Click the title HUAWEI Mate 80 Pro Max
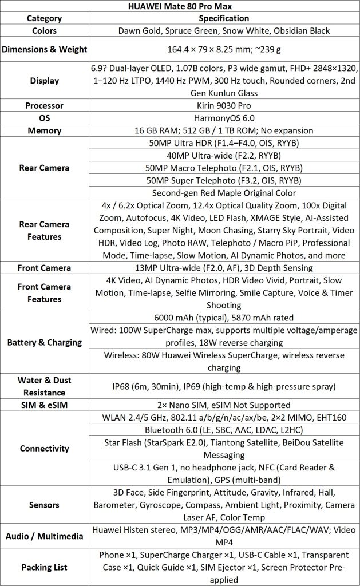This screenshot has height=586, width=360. pyautogui.click(x=180, y=6)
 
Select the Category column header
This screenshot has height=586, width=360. pyautogui.click(x=45, y=18)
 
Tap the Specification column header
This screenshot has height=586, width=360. pyautogui.click(x=224, y=18)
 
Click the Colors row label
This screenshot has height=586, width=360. pyautogui.click(x=45, y=30)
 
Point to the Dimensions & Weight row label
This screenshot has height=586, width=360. pyautogui.click(x=45, y=49)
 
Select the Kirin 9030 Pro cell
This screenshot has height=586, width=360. pyautogui.click(x=224, y=105)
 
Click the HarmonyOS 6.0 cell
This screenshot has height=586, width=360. pyautogui.click(x=224, y=118)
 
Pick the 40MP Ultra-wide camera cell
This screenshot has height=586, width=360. pyautogui.click(x=224, y=155)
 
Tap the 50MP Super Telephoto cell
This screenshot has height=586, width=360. pyautogui.click(x=224, y=180)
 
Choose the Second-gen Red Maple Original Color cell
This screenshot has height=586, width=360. pyautogui.click(x=224, y=193)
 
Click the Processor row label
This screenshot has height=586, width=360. pyautogui.click(x=45, y=105)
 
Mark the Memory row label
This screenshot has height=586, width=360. pyautogui.click(x=45, y=130)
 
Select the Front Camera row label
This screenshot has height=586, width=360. pyautogui.click(x=45, y=268)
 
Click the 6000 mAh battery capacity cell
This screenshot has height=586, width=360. pyautogui.click(x=224, y=318)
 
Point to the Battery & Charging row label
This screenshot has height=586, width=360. pyautogui.click(x=45, y=343)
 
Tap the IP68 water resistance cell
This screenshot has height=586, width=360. pyautogui.click(x=224, y=387)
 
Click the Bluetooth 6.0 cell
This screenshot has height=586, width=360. pyautogui.click(x=224, y=430)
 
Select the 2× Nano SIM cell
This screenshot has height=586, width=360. pyautogui.click(x=224, y=405)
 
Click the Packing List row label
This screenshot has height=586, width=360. pyautogui.click(x=45, y=567)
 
